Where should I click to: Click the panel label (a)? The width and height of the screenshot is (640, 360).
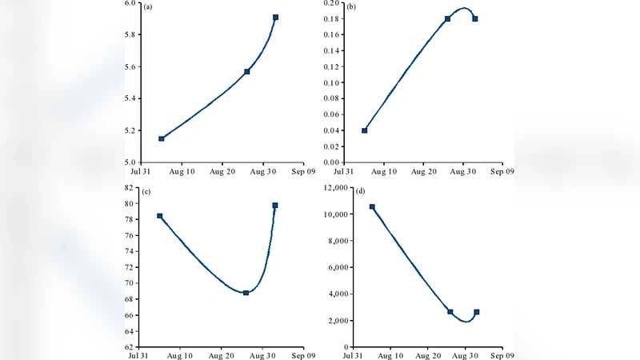(x=148, y=7)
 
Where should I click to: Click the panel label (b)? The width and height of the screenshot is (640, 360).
(x=351, y=7)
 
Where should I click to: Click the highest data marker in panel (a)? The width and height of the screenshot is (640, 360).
(x=275, y=18)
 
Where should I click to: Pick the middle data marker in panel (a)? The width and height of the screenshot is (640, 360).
(x=247, y=71)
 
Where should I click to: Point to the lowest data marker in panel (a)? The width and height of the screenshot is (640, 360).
(x=162, y=138)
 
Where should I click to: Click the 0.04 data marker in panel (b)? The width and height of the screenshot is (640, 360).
(x=365, y=130)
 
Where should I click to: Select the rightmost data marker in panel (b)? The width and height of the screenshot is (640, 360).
(x=475, y=18)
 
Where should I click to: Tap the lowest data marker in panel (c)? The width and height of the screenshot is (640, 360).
(x=246, y=293)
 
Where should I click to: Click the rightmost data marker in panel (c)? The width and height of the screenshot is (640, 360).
(x=275, y=206)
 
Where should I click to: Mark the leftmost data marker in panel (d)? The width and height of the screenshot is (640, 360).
(x=372, y=207)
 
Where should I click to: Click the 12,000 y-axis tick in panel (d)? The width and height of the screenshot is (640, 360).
(x=331, y=188)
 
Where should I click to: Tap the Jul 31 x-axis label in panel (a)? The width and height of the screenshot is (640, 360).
(x=142, y=171)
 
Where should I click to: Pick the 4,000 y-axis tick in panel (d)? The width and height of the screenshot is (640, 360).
(x=334, y=294)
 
